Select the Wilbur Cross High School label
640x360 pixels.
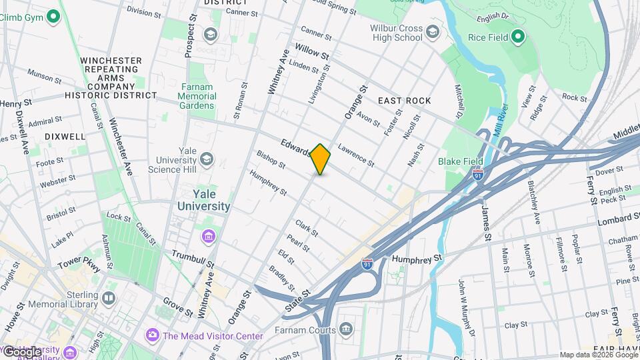pyautogui.click(x=398, y=33)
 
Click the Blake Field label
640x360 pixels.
pyautogui.click(x=460, y=161)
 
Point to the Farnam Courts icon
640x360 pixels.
pyautogui.click(x=346, y=328)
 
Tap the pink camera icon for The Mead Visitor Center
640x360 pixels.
pyautogui.click(x=153, y=335)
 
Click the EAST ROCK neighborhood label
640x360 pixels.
pyautogui.click(x=404, y=101)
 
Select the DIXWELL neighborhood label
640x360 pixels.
pyautogui.click(x=65, y=136)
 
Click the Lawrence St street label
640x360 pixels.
pyautogui.click(x=356, y=155)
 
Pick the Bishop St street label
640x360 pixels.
pyautogui.click(x=271, y=158)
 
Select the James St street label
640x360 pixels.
pyautogui.click(x=486, y=223)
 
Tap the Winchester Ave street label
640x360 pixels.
pyautogui.click(x=121, y=146)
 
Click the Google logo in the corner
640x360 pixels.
pyautogui.click(x=21, y=351)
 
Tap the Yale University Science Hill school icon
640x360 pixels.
pyautogui.click(x=207, y=159)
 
